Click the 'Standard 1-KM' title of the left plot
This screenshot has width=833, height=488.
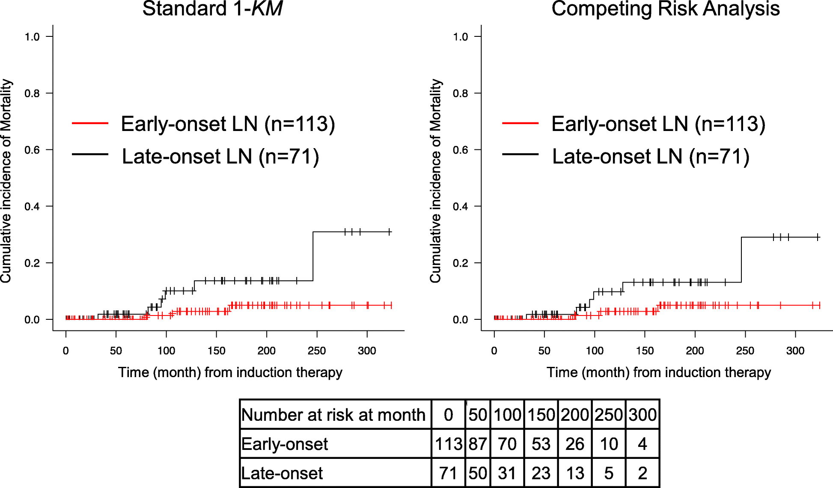[212, 9]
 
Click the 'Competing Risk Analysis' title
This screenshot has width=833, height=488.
[665, 9]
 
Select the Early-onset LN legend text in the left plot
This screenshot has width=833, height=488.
[228, 124]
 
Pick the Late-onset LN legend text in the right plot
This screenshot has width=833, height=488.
[650, 156]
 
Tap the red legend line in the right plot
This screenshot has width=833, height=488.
[520, 123]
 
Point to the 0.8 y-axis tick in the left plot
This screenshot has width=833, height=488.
[32, 93]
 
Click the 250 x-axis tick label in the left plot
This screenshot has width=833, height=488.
[316, 351]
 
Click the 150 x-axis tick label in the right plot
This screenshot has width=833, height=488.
[645, 351]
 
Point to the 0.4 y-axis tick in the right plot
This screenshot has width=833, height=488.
[461, 206]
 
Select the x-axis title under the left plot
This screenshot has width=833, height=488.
[230, 372]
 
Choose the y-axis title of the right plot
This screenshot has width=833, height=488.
[435, 181]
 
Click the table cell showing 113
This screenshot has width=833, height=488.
[448, 444]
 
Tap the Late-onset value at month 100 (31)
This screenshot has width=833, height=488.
[507, 473]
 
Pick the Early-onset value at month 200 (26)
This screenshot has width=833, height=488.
[575, 444]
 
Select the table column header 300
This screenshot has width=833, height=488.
[643, 415]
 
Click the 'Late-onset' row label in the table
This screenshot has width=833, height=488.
[282, 473]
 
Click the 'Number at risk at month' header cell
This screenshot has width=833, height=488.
[333, 415]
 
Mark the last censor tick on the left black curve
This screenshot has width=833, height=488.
[389, 232]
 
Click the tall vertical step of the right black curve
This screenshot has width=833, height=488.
[741, 259]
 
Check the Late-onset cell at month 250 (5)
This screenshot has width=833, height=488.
[609, 473]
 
